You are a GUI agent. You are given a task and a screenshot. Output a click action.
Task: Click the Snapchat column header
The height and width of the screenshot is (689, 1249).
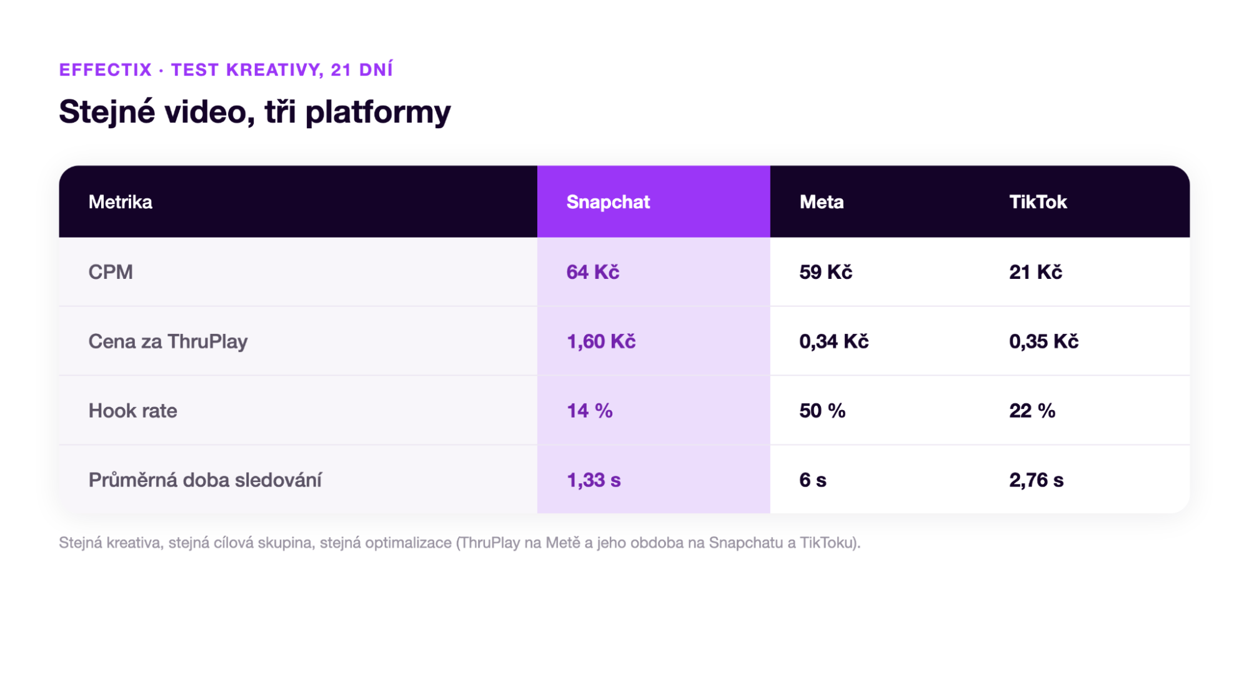[x=607, y=202]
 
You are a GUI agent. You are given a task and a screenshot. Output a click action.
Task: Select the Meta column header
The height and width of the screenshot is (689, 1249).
[x=821, y=202]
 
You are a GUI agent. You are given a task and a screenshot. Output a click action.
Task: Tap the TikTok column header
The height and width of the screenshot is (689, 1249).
[x=1037, y=202]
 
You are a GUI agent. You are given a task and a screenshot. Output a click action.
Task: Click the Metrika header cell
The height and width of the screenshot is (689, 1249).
[x=120, y=202]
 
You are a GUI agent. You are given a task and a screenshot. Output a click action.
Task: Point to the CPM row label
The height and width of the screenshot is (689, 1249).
[x=111, y=272]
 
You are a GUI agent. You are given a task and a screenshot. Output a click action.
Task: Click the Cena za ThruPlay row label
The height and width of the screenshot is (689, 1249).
[x=167, y=341]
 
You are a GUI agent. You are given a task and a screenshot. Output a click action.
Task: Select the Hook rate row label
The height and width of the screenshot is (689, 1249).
[x=132, y=411]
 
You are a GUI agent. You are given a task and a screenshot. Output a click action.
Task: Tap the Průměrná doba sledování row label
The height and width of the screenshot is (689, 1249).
[x=205, y=480]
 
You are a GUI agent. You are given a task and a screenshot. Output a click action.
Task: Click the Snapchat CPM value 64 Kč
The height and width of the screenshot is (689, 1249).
[x=592, y=272]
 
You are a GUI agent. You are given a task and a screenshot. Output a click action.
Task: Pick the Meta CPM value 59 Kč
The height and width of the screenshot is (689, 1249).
[x=825, y=272]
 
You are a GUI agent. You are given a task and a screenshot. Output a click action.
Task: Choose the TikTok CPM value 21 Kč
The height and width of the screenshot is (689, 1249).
[x=1035, y=272]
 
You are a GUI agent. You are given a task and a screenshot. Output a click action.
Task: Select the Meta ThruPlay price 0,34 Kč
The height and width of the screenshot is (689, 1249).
[x=833, y=341]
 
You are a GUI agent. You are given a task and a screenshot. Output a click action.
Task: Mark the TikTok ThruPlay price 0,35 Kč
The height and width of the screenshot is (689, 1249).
[x=1043, y=341]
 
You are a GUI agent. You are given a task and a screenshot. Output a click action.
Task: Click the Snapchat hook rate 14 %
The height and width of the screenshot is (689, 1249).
[x=589, y=411]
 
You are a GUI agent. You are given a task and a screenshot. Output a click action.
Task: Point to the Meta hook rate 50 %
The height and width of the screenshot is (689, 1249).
[x=822, y=411]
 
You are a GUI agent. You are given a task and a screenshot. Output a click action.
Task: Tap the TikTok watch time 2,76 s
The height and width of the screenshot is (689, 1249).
[x=1036, y=480]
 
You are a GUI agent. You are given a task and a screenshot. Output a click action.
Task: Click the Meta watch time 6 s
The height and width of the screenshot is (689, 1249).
[x=812, y=480]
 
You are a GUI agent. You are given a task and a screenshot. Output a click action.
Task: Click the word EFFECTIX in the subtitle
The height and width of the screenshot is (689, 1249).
[x=106, y=69]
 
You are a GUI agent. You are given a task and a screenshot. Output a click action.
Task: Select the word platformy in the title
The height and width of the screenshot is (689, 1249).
[x=377, y=113]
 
